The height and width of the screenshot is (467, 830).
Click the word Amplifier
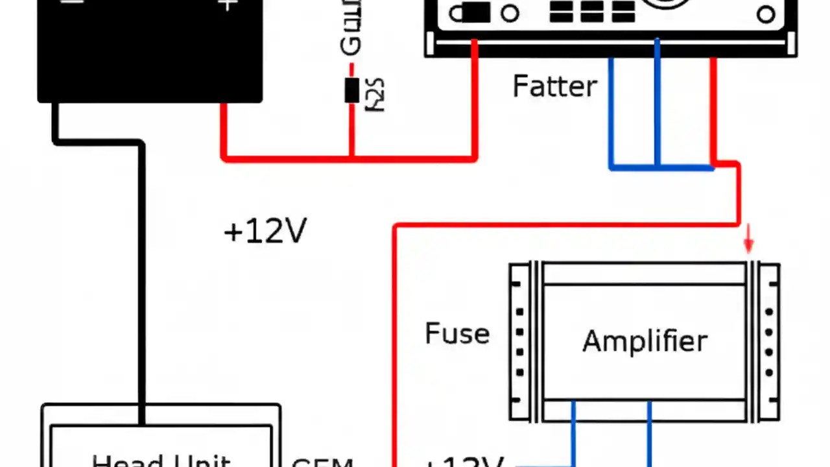[645, 341]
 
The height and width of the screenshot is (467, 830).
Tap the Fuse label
[457, 333]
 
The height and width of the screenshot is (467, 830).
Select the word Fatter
[554, 86]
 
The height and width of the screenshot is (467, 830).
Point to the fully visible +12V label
[265, 232]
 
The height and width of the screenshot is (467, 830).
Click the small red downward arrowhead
[748, 244]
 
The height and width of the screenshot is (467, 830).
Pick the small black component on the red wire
[351, 90]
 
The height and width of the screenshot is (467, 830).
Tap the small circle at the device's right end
[766, 14]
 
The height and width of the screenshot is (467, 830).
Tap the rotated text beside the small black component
[375, 95]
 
